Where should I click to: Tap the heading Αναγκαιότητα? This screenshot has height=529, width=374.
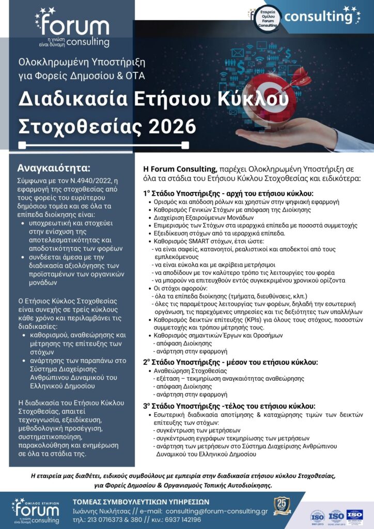point(54,168)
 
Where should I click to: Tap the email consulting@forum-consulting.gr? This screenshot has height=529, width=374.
point(216,511)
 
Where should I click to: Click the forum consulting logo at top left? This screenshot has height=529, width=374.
point(73,28)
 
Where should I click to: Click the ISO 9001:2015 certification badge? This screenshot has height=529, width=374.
point(317,515)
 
